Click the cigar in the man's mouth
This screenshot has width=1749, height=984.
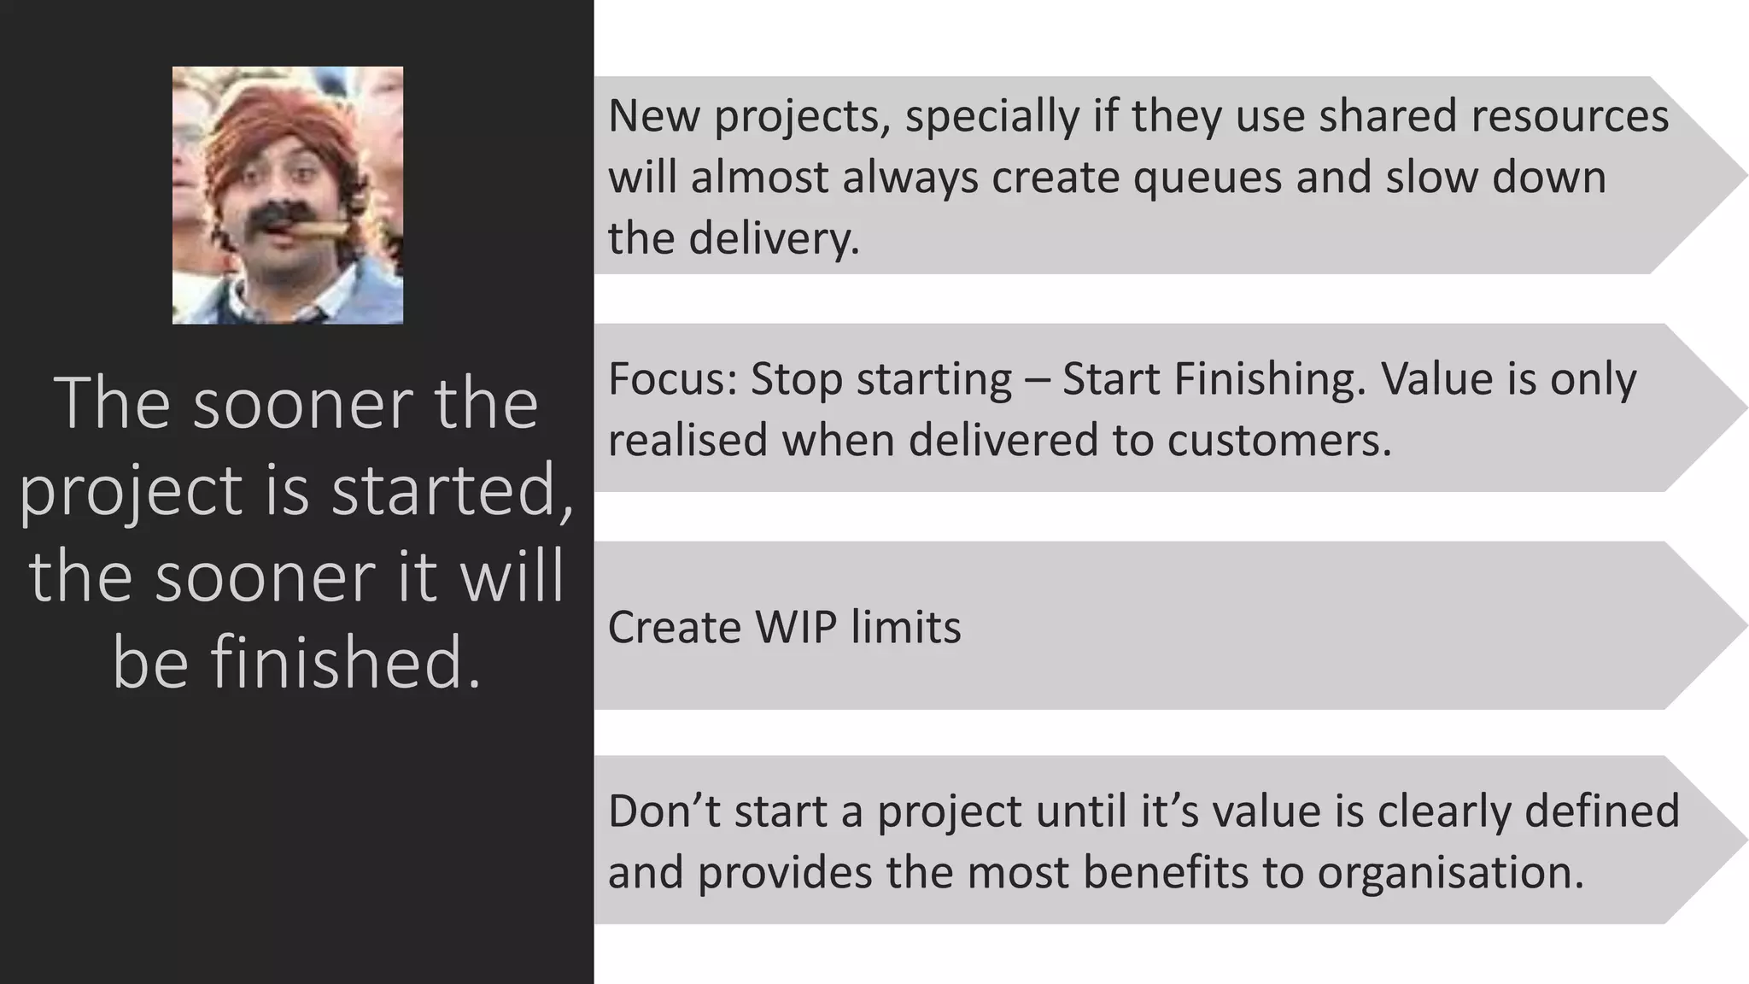[x=320, y=229]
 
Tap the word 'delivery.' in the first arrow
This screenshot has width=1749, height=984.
[x=774, y=238]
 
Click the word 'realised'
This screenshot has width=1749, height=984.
[x=688, y=441]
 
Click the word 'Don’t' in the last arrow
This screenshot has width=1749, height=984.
[x=664, y=811]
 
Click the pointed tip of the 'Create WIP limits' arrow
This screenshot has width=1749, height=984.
[x=1742, y=625]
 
